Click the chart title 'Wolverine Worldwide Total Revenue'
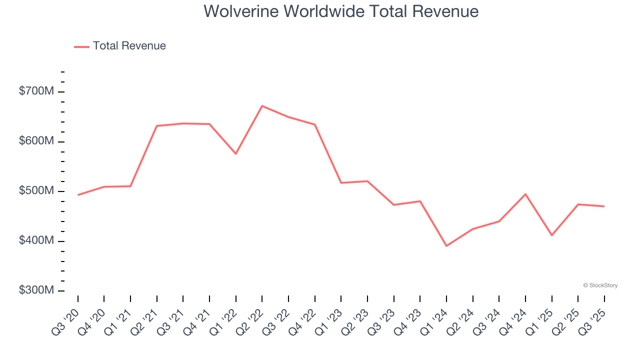(341, 11)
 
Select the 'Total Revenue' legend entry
(129, 46)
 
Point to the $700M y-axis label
(36, 91)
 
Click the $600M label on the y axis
(36, 141)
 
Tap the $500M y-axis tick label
(36, 191)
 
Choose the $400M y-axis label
(36, 240)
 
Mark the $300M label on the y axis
(36, 290)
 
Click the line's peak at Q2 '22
(262, 106)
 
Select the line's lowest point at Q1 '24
(446, 246)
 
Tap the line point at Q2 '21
(157, 126)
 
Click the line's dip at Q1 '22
(236, 153)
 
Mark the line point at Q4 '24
(525, 194)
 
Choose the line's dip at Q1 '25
(551, 235)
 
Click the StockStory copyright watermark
(600, 285)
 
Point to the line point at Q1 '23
(341, 183)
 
